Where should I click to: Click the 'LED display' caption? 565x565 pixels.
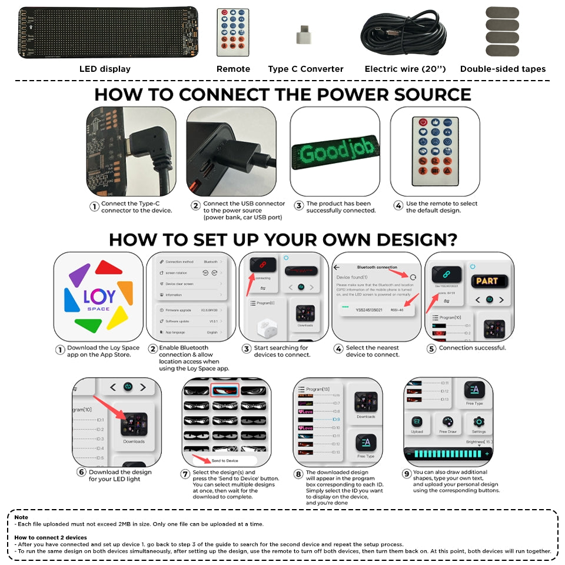click(105, 69)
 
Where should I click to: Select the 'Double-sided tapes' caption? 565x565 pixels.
click(503, 69)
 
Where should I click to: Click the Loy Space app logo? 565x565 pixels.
click(98, 296)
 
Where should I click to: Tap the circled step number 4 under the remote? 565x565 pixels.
click(398, 206)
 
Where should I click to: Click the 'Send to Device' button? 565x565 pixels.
click(225, 461)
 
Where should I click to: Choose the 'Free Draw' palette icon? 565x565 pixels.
click(448, 421)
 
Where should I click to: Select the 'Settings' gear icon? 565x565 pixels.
click(478, 421)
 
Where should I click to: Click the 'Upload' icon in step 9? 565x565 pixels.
click(417, 421)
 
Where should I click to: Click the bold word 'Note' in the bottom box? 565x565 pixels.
click(21, 517)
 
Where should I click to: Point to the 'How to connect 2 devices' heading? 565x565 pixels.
click(51, 537)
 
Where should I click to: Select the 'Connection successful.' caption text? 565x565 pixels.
click(473, 348)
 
